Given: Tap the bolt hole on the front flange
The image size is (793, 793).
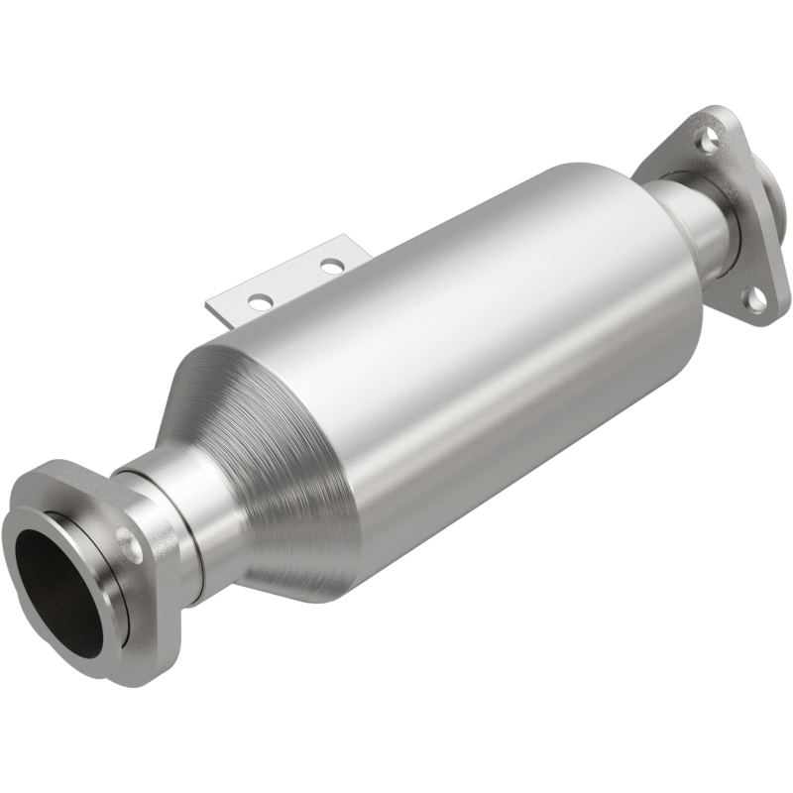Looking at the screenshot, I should coord(126,540).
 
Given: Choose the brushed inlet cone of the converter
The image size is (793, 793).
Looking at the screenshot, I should coord(268,466).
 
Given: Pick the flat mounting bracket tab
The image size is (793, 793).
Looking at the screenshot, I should coord(287,283).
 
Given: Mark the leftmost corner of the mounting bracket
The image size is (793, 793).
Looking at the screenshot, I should coord(206,303).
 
